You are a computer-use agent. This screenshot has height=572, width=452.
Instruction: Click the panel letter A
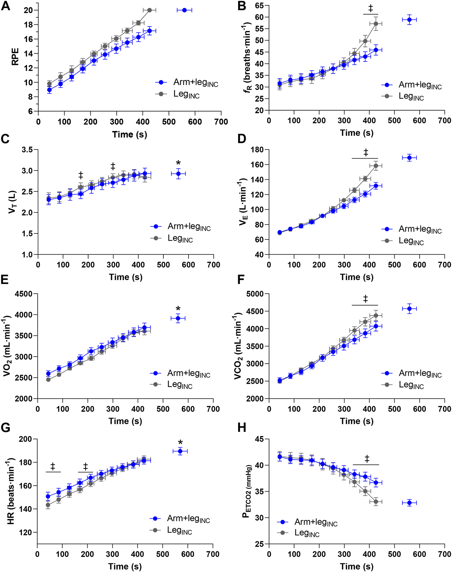(6, 6)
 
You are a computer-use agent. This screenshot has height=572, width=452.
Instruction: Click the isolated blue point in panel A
(184, 10)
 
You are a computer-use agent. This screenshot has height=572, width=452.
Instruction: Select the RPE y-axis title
(15, 56)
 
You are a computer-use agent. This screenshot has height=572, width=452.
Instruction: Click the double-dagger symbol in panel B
(371, 8)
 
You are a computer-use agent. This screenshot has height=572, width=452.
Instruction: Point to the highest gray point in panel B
(376, 24)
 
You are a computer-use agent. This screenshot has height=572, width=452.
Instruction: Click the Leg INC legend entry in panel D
(411, 242)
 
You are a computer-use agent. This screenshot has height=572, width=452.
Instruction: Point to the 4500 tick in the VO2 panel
(24, 294)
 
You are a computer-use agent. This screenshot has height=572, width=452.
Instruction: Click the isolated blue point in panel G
(180, 451)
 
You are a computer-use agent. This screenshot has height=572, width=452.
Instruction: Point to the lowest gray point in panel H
(376, 502)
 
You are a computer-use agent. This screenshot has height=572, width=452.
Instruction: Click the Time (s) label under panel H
(356, 566)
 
